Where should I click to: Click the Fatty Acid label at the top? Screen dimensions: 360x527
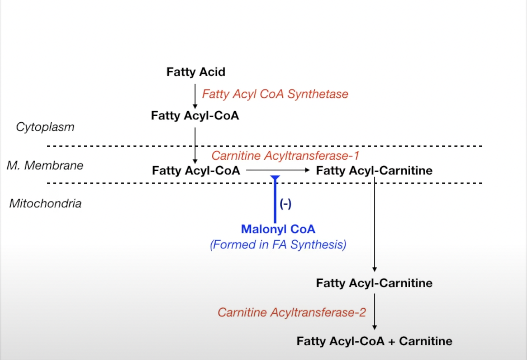196,72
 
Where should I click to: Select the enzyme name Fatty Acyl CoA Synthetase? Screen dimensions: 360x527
275,94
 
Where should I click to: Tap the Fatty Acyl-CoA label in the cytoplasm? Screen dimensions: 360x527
195,116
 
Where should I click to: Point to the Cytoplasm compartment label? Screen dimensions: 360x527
45,127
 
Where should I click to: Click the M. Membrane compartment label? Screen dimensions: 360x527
45,165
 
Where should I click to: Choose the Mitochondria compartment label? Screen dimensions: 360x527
45,203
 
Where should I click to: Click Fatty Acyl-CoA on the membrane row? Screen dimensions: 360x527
196,170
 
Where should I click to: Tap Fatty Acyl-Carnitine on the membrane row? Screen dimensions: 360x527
374,170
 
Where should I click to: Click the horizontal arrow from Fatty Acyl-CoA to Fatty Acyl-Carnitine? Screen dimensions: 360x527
278,170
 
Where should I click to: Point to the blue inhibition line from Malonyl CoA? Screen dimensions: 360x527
275,200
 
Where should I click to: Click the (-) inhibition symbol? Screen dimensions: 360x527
285,204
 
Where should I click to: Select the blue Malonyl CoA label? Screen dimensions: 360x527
278,229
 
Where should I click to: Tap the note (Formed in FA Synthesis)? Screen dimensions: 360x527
278,245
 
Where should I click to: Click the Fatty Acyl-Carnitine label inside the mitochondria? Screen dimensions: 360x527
374,283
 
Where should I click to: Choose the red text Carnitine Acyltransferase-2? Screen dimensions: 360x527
292,312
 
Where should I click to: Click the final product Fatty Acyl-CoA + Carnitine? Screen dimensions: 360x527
374,341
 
